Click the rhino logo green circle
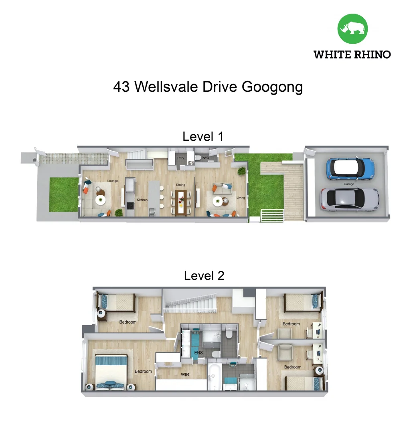352,29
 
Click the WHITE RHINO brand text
352,55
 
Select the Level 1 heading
203,136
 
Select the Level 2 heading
204,275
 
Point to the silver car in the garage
349,199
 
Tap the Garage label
348,184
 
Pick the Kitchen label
142,200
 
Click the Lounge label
112,181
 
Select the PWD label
205,158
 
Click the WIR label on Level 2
185,374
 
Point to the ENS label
198,353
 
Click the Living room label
241,197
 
